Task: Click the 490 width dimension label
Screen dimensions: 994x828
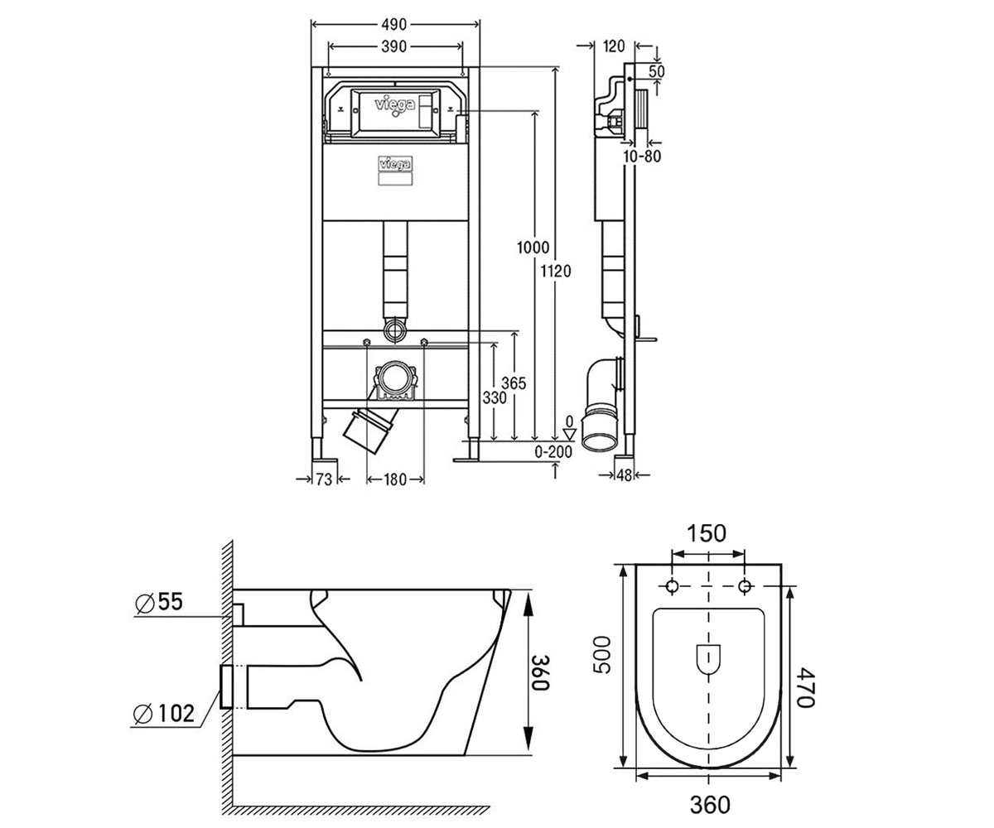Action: tap(393, 24)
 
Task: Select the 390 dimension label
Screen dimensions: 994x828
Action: tap(393, 46)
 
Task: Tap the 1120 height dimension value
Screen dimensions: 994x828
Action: tap(556, 272)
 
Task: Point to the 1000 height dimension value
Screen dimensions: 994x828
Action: tap(533, 248)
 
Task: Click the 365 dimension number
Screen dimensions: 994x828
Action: tap(514, 383)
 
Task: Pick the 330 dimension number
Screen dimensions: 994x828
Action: tap(495, 397)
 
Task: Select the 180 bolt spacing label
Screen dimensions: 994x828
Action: tap(394, 479)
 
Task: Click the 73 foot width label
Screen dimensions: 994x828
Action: tap(324, 479)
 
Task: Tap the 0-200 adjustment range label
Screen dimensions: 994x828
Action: tap(553, 451)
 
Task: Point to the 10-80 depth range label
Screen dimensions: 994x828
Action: tap(642, 156)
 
